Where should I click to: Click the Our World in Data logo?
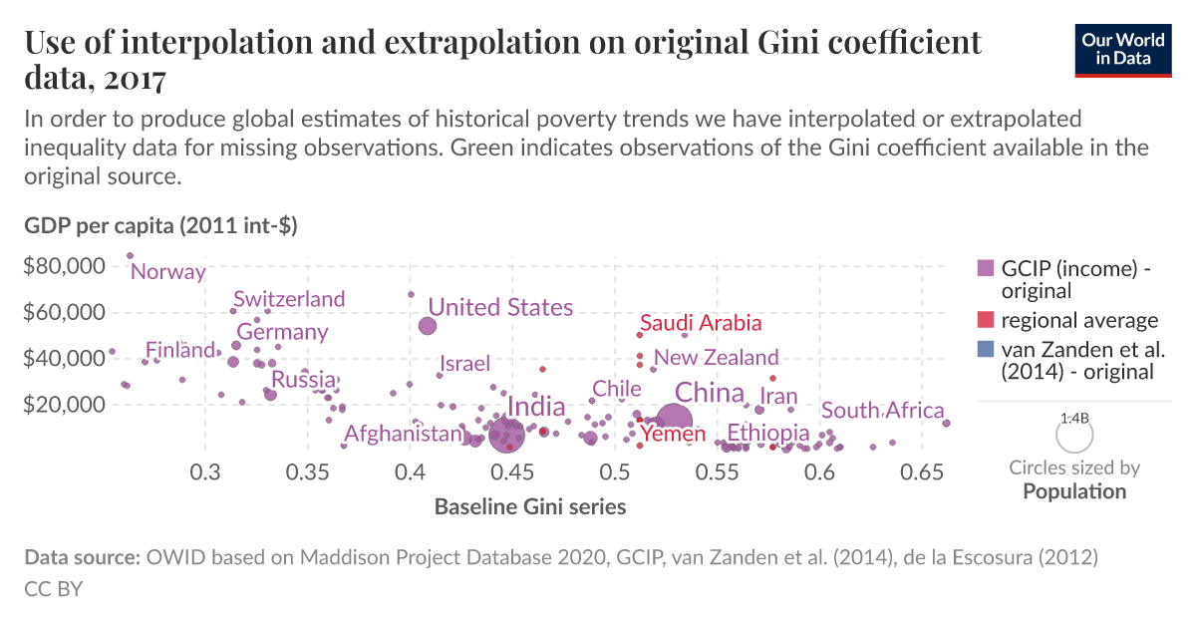click(x=1122, y=49)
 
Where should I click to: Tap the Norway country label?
click(x=167, y=272)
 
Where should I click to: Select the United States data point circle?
click(x=428, y=326)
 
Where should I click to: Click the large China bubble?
click(x=674, y=423)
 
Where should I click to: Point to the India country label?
click(x=536, y=407)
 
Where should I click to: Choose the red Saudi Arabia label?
click(x=701, y=323)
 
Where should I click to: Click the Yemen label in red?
click(x=673, y=434)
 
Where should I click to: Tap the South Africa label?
click(x=882, y=411)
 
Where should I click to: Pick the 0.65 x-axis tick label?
click(x=923, y=470)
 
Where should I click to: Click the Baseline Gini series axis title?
click(x=530, y=506)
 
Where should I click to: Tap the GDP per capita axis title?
click(x=160, y=226)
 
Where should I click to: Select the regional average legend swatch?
click(x=986, y=321)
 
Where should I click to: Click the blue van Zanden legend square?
click(x=986, y=350)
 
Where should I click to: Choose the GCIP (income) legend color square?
click(x=986, y=268)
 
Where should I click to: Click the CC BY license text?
click(x=53, y=589)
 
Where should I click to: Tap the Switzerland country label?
click(x=289, y=299)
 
